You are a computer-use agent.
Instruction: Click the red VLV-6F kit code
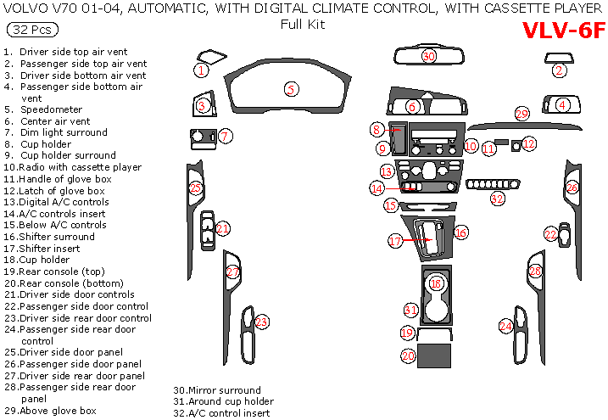tap(563, 31)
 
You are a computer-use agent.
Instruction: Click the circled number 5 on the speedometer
tap(291, 89)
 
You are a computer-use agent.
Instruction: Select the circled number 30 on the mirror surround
tap(429, 56)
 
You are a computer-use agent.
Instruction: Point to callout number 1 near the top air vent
tap(201, 70)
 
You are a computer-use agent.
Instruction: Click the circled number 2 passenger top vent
tap(559, 70)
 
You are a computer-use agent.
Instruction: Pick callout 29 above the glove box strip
tap(522, 114)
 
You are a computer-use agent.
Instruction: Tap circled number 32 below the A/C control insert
tap(497, 199)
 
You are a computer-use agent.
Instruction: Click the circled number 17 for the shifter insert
tap(395, 242)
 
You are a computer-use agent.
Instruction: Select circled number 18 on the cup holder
tap(436, 283)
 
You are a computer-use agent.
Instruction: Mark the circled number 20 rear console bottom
tap(409, 356)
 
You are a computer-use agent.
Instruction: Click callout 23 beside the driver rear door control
tap(262, 322)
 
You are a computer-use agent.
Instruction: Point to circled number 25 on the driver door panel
tap(196, 188)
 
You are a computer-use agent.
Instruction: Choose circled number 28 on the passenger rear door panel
tap(535, 272)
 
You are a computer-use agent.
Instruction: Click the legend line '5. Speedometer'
tap(52, 109)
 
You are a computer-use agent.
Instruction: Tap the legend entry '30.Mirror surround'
tap(217, 390)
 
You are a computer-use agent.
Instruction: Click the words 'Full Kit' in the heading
tap(303, 25)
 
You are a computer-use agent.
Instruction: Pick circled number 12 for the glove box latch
tap(529, 144)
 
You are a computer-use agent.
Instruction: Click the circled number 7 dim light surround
tap(225, 136)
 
